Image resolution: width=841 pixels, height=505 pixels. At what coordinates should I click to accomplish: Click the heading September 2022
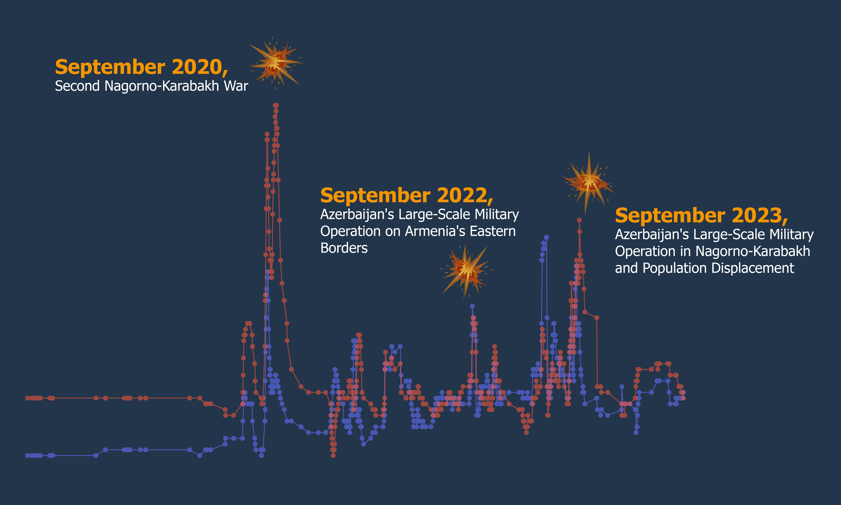coord(407,196)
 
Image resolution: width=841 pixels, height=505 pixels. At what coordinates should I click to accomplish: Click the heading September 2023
coord(701,216)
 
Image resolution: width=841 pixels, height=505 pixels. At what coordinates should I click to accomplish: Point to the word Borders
coord(344,248)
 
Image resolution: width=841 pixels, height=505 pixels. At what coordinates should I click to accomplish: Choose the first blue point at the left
coord(28,455)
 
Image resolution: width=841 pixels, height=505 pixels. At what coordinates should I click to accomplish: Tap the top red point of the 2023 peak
coord(579,220)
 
